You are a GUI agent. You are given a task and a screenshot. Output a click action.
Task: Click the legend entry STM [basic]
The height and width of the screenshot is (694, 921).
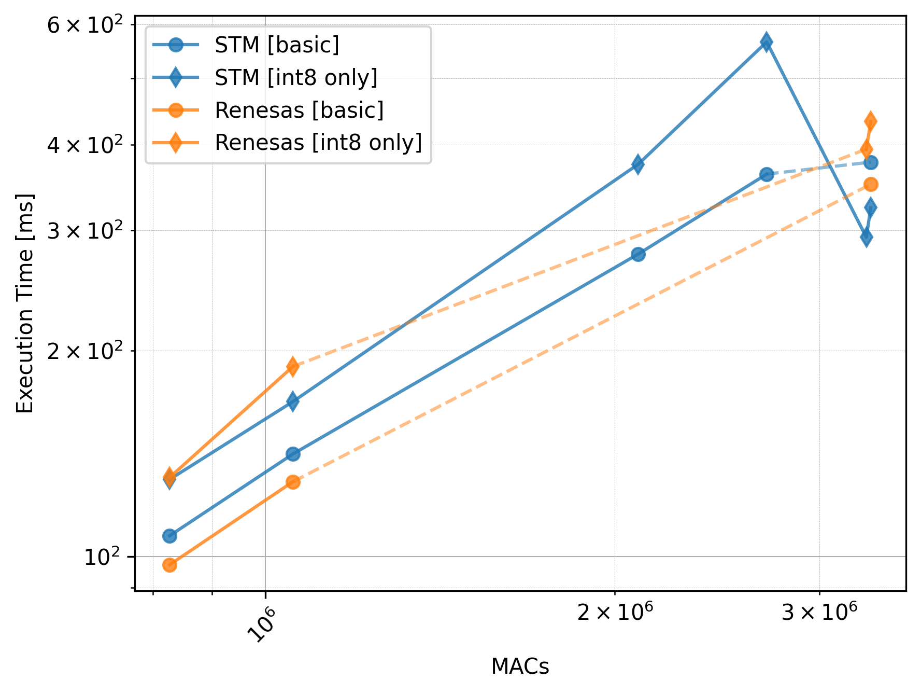tap(277, 45)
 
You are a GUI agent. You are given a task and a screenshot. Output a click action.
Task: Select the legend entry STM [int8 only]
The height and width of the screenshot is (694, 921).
tap(296, 78)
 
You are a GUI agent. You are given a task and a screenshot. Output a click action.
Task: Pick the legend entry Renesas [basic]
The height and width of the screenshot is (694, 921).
tap(299, 110)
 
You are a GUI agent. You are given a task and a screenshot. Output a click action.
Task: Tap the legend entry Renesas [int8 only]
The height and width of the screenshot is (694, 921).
tap(318, 143)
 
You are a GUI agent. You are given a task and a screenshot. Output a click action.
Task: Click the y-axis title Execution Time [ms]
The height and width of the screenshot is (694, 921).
tap(24, 303)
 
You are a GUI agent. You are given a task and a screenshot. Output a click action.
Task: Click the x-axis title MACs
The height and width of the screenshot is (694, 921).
tap(520, 667)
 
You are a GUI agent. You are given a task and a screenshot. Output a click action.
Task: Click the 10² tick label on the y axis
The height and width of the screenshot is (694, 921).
tap(102, 557)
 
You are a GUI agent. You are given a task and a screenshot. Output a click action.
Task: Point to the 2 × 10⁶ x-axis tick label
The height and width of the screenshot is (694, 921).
tap(615, 613)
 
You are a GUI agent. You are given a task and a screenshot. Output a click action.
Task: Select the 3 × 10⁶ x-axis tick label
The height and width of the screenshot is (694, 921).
tap(819, 613)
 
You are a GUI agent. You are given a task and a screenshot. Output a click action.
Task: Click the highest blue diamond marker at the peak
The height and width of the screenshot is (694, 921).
tap(766, 42)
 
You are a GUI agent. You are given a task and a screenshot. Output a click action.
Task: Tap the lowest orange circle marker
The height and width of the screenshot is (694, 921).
tap(169, 565)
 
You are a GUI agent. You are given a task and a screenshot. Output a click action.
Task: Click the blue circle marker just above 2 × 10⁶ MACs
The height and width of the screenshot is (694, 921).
tap(638, 254)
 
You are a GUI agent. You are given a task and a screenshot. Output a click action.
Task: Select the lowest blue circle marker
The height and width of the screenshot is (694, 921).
tap(169, 536)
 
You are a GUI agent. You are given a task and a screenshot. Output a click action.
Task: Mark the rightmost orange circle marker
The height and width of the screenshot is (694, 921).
tap(871, 184)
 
